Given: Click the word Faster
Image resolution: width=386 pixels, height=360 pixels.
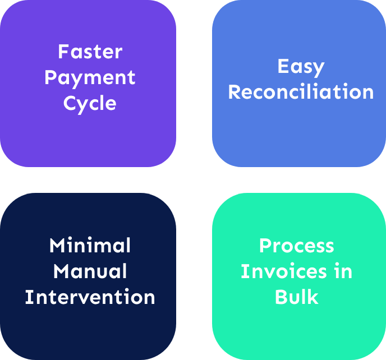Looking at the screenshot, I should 90,52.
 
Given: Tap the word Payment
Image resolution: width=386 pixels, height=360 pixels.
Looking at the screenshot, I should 90,78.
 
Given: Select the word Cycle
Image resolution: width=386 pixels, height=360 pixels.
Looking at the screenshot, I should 90,104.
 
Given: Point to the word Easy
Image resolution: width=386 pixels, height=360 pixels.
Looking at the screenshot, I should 301,67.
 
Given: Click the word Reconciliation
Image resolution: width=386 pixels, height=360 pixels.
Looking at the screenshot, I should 301,92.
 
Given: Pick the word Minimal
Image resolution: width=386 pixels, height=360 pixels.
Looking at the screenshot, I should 90,246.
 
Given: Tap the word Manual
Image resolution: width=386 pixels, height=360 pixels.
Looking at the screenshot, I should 90,271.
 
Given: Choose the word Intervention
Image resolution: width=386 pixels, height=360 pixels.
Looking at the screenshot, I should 90,297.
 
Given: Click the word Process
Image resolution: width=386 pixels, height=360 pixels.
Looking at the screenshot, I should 296,246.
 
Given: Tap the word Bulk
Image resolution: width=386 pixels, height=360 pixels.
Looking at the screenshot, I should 296,297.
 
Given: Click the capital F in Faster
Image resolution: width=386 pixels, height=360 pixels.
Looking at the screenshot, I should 63,52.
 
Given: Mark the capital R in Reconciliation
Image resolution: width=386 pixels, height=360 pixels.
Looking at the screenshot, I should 235,92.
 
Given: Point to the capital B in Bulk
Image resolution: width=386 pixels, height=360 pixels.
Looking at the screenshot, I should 281,297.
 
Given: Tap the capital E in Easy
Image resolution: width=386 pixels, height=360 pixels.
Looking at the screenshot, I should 283,66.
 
